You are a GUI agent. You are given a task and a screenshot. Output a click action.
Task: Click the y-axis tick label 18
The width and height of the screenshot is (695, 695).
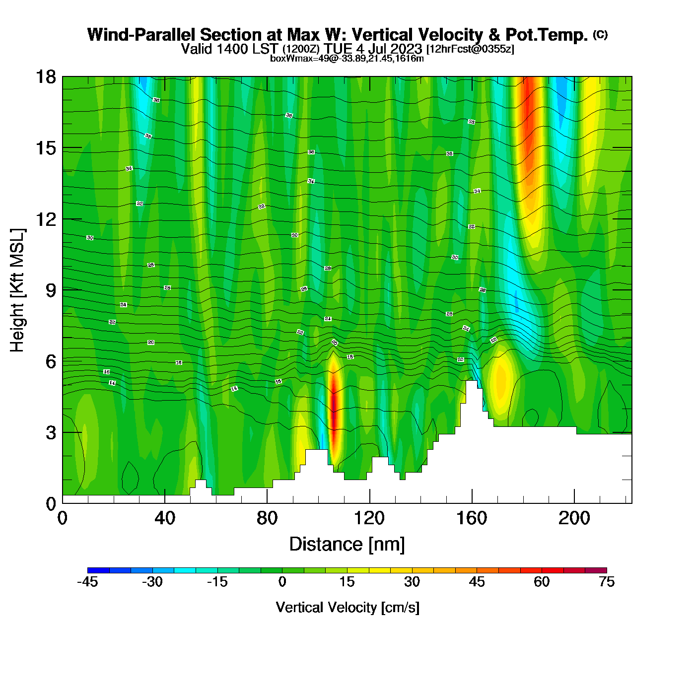[x=45, y=77]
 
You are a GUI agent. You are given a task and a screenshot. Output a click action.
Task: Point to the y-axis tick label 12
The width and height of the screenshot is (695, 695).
[x=45, y=219]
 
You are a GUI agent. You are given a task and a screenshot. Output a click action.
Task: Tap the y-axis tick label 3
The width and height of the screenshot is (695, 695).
[x=51, y=432]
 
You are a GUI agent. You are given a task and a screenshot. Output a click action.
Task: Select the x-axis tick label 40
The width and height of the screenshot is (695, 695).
[x=165, y=518]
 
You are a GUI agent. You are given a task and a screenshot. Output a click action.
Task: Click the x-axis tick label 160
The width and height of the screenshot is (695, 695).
[x=472, y=518]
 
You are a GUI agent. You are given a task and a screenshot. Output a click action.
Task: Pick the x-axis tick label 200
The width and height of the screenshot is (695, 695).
[x=574, y=518]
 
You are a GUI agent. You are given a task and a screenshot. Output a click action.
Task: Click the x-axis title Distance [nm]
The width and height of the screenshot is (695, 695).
[x=347, y=544]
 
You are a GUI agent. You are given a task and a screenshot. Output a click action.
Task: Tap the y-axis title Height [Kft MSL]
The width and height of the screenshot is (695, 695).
[x=17, y=290]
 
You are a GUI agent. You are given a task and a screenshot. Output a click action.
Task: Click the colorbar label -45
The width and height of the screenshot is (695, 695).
[x=88, y=582]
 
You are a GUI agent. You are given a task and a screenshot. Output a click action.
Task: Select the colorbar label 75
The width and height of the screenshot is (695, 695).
[x=607, y=582]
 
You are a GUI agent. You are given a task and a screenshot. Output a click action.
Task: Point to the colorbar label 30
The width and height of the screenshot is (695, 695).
[x=412, y=582]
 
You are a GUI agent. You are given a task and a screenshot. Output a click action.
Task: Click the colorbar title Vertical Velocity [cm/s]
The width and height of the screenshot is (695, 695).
[x=347, y=607]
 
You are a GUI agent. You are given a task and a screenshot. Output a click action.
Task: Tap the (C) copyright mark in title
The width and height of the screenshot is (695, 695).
[x=600, y=34]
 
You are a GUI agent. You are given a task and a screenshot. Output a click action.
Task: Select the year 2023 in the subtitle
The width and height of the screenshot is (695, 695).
[x=406, y=49]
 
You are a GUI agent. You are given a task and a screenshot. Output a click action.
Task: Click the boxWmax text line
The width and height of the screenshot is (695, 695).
[x=347, y=59]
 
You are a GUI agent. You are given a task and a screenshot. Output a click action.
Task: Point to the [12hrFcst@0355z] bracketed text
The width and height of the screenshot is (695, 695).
[x=470, y=49]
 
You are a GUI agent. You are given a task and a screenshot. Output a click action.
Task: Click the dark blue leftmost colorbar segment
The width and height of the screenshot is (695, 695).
[x=98, y=570]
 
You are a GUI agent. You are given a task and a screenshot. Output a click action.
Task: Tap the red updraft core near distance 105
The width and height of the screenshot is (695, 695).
[x=334, y=402]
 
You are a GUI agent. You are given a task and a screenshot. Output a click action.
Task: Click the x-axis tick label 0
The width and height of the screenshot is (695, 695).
[x=63, y=518]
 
